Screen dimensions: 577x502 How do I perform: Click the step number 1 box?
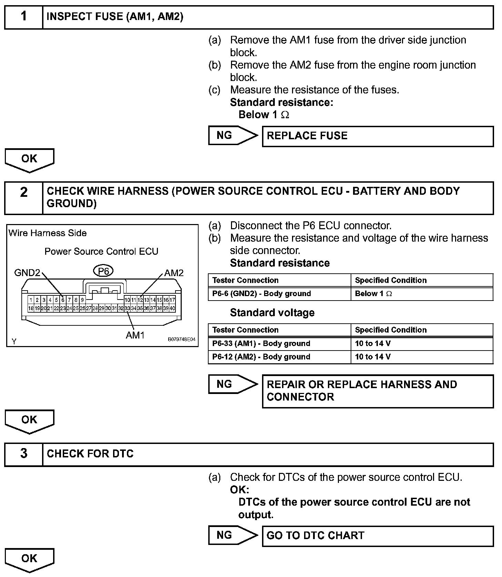(x=23, y=17)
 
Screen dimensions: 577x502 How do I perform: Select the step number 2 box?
(x=23, y=198)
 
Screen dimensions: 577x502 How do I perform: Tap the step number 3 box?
(x=23, y=454)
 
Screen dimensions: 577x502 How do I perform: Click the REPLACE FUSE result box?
(x=378, y=136)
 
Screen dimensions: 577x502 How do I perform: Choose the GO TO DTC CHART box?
(x=378, y=536)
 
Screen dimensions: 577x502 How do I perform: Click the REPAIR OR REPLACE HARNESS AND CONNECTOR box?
(x=378, y=391)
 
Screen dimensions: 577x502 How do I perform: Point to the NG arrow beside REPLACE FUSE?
(x=233, y=135)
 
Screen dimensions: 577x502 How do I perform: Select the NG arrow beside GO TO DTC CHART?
(x=233, y=535)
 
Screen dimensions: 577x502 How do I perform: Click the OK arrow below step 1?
(x=29, y=160)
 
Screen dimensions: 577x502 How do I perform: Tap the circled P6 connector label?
(x=103, y=272)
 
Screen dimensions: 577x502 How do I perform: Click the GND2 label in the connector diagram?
(x=27, y=273)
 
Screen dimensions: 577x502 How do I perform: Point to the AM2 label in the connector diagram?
(x=174, y=273)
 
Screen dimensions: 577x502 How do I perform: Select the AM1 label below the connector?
(x=135, y=335)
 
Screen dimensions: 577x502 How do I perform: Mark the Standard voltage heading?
(x=272, y=313)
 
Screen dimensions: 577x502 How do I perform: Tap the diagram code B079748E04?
(x=181, y=339)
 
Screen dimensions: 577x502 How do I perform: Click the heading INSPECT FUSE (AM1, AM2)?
(x=115, y=17)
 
